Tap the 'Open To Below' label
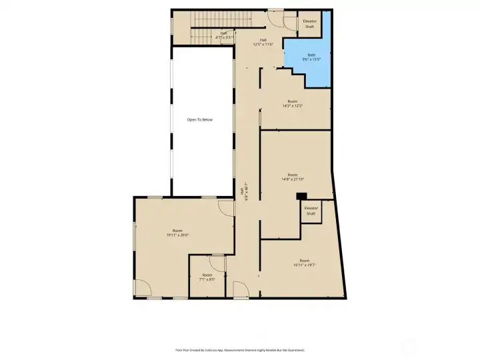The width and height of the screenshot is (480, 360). [x=200, y=119]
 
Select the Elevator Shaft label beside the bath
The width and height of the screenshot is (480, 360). [x=309, y=24]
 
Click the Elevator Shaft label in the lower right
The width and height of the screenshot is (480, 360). [x=311, y=210]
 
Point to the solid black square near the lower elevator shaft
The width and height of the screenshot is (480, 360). [x=301, y=196]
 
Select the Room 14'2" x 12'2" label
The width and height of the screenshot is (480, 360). [x=293, y=103]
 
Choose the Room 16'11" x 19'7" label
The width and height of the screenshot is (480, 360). [x=304, y=263]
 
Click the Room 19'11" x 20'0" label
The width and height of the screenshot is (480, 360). [x=177, y=233]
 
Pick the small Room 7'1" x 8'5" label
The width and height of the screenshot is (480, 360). [x=207, y=277]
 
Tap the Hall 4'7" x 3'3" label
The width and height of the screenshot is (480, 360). [x=224, y=35]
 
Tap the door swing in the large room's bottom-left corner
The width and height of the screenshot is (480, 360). [x=142, y=287]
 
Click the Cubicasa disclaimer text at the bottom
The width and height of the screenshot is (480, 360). [x=240, y=349]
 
